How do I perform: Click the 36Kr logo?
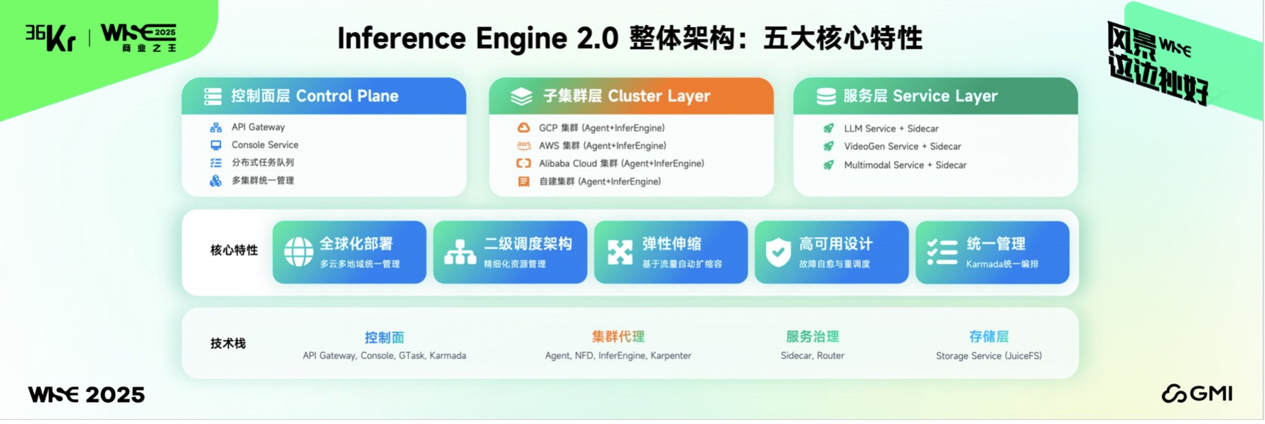[x=50, y=37]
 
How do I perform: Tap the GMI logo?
[x=1197, y=393]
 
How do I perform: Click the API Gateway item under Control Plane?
[x=258, y=127]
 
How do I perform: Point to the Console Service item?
[x=264, y=144]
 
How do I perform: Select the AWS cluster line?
[x=602, y=146]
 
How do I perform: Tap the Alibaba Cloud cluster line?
[x=621, y=164]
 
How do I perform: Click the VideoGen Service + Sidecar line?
[x=902, y=147]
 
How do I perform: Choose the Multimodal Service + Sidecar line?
[x=905, y=165]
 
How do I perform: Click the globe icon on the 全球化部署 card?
[x=298, y=252]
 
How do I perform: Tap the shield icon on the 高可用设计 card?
[x=778, y=252]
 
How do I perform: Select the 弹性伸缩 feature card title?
[x=672, y=244]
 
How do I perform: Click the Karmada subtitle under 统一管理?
[x=1002, y=264]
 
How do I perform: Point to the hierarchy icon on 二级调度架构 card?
[x=460, y=252]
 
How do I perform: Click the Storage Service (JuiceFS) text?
[x=989, y=356]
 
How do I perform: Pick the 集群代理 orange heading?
[x=618, y=336]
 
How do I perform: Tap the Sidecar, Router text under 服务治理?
[x=812, y=356]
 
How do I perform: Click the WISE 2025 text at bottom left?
[x=86, y=395]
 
